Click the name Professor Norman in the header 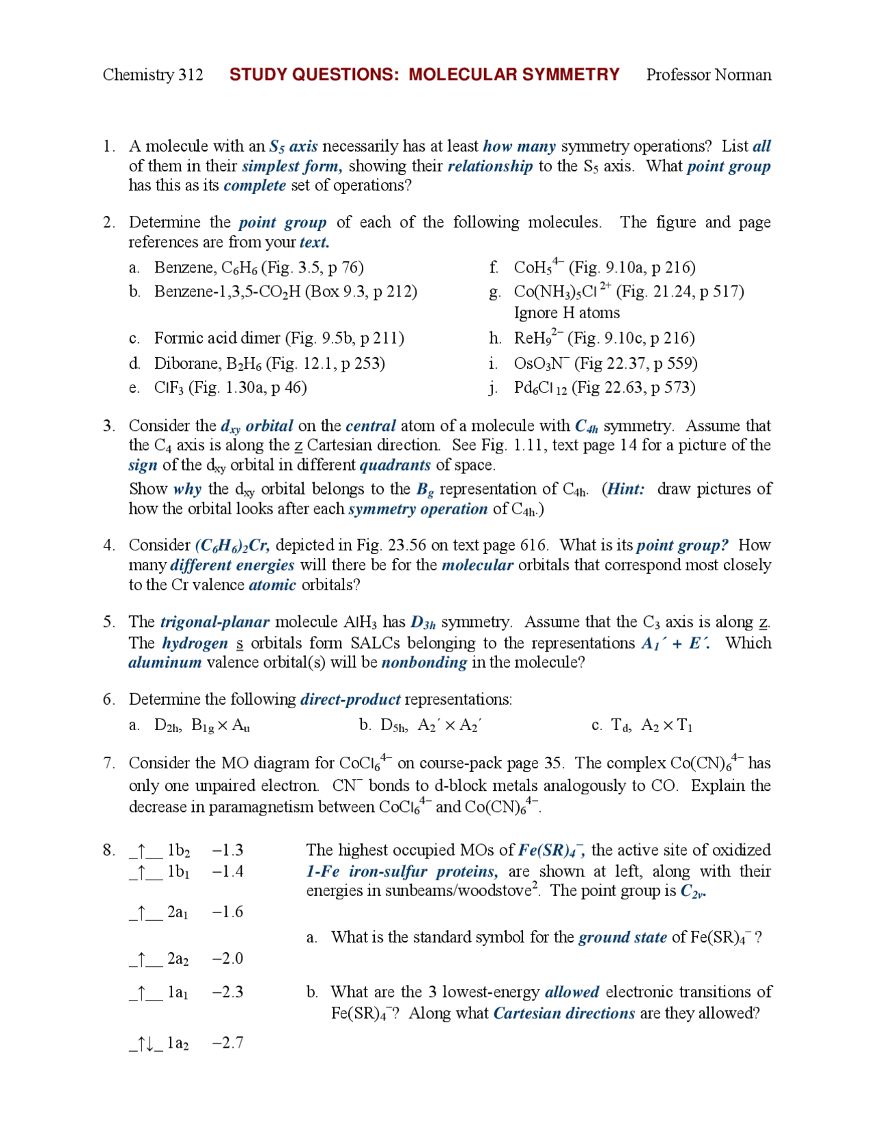pyautogui.click(x=708, y=74)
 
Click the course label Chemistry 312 pyautogui.click(x=152, y=74)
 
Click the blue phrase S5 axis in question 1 pyautogui.click(x=293, y=146)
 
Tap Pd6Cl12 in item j pyautogui.click(x=540, y=388)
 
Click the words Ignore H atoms pyautogui.click(x=567, y=313)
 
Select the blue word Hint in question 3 pyautogui.click(x=625, y=489)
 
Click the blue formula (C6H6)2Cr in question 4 pyautogui.click(x=232, y=545)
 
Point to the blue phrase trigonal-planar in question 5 pyautogui.click(x=214, y=622)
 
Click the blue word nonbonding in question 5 pyautogui.click(x=424, y=662)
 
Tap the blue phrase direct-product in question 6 pyautogui.click(x=350, y=699)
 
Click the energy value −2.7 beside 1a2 pyautogui.click(x=227, y=1042)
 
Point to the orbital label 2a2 pyautogui.click(x=178, y=958)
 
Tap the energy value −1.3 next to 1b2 pyautogui.click(x=227, y=850)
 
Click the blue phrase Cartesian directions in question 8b pyautogui.click(x=564, y=1013)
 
